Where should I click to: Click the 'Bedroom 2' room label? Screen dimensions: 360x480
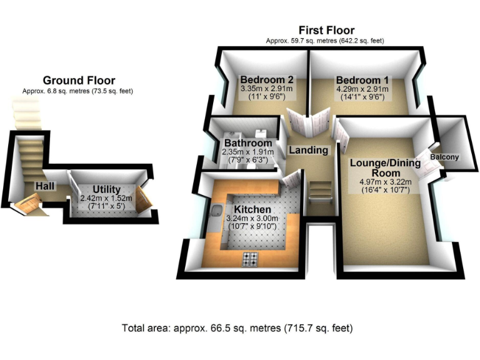click(x=267, y=80)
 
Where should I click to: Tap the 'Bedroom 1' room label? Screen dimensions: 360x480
click(x=362, y=80)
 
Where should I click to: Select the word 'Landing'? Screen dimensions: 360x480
click(x=308, y=150)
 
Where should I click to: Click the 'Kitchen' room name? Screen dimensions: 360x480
click(x=252, y=209)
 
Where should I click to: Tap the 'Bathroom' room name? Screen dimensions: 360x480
click(x=248, y=143)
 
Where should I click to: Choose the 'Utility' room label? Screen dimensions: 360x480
click(x=106, y=189)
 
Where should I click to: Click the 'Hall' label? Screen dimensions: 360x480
click(x=44, y=186)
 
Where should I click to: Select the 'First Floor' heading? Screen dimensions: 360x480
click(x=326, y=30)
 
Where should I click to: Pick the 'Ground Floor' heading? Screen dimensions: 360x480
click(x=79, y=81)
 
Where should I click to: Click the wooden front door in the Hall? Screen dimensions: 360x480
click(x=29, y=202)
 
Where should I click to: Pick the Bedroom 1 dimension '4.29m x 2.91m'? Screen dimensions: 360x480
click(x=362, y=89)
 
